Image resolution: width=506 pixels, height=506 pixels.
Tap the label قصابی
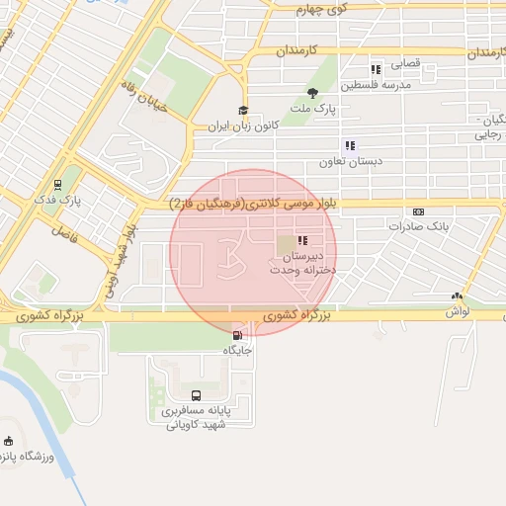[x=406, y=63]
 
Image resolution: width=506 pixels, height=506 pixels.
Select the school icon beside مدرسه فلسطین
[x=376, y=69]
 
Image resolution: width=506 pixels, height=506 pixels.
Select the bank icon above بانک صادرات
[x=418, y=211]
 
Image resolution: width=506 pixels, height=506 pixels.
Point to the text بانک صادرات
[x=419, y=226]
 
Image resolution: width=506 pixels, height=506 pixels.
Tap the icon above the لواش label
[x=456, y=295]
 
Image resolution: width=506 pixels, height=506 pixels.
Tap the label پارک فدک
[x=58, y=199]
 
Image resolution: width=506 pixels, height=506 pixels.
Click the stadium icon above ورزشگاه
[x=10, y=441]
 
